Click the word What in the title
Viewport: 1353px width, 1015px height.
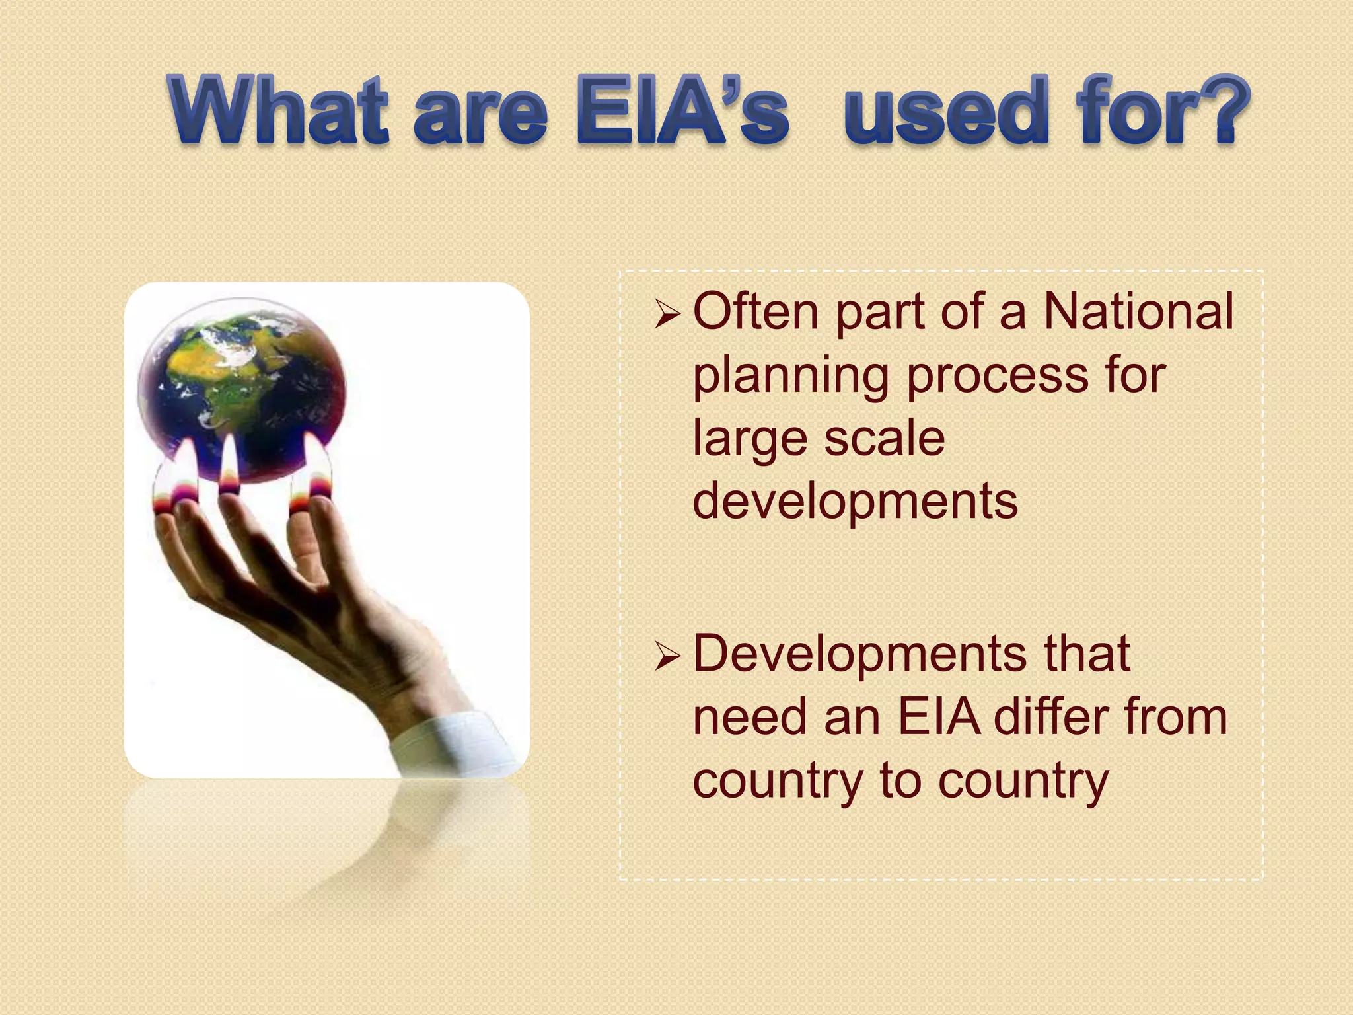click(278, 110)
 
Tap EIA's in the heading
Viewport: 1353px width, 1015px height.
click(682, 110)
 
